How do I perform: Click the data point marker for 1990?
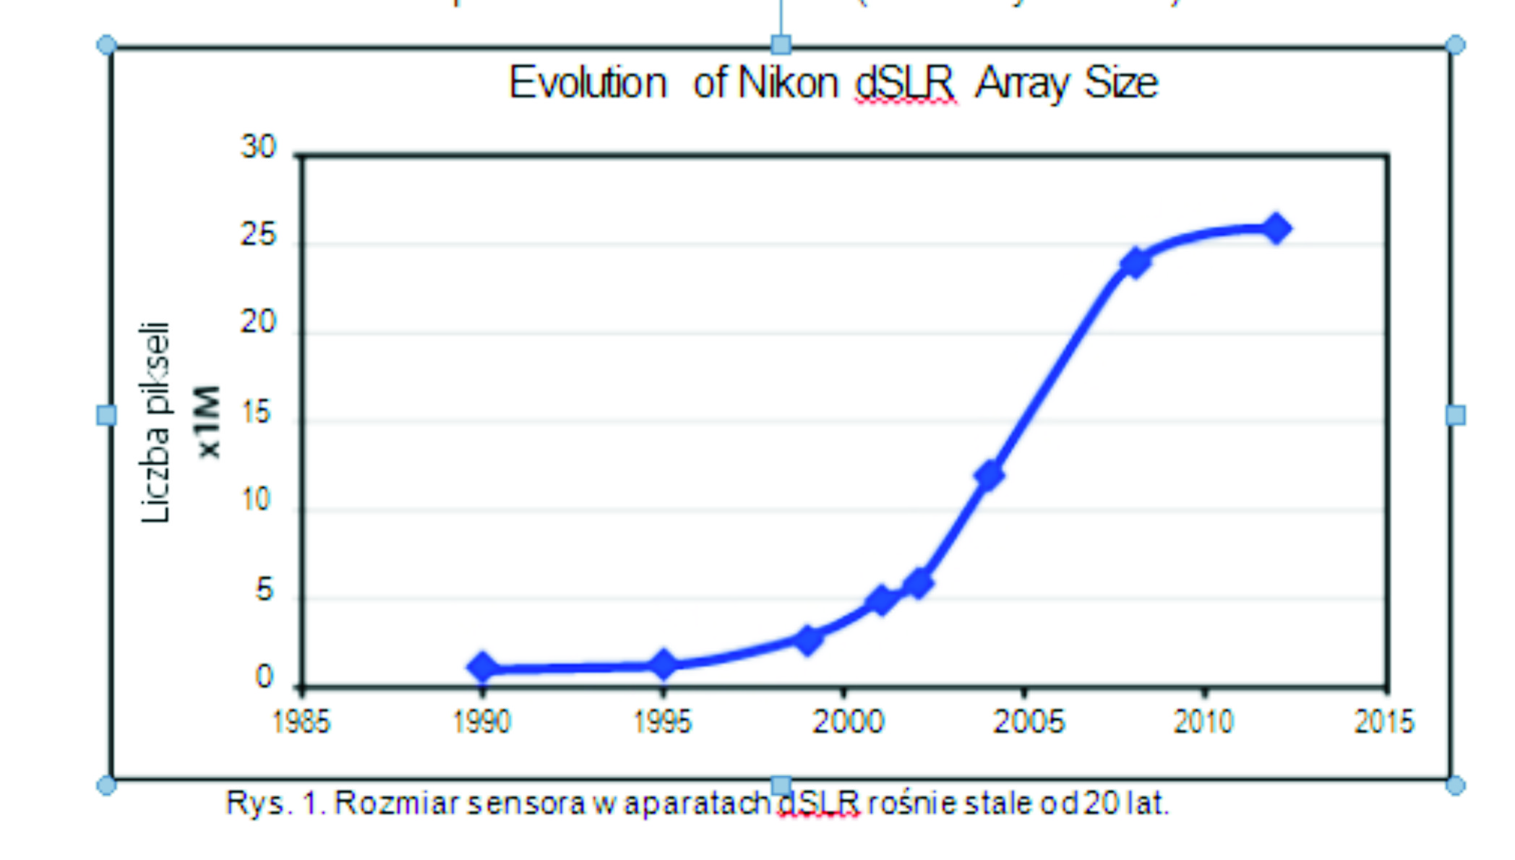tap(483, 666)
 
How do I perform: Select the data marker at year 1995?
tap(664, 663)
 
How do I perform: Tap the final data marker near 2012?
tap(1276, 228)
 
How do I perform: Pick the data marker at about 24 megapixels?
tap(1136, 262)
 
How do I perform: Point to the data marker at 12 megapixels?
tap(989, 474)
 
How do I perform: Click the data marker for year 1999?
tap(808, 639)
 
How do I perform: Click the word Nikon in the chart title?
tap(788, 83)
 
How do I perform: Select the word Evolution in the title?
tap(588, 83)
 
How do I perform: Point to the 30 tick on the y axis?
tap(259, 147)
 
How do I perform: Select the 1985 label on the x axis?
tap(301, 721)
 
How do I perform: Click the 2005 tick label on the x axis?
tap(1028, 721)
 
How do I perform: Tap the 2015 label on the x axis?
tap(1383, 721)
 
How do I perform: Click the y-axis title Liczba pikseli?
tap(156, 422)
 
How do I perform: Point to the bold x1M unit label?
tap(208, 422)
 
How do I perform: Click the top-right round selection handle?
tap(1455, 45)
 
